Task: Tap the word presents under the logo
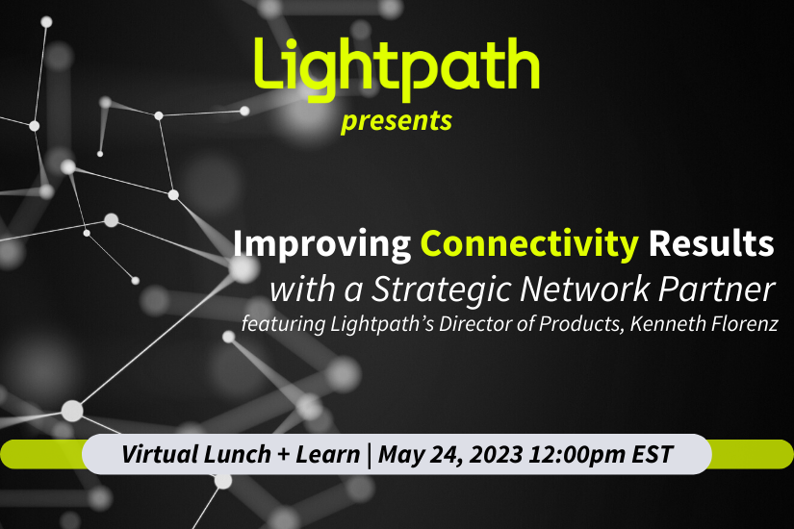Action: (396, 122)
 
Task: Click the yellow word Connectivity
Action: (530, 245)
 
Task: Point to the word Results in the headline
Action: (711, 245)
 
